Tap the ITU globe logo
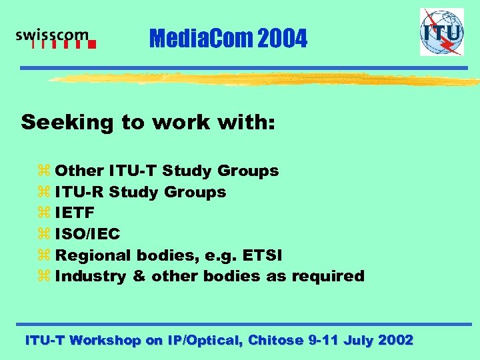pyautogui.click(x=441, y=31)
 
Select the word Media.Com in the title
pyautogui.click(x=193, y=39)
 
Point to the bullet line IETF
pyautogui.click(x=75, y=213)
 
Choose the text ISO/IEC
pyautogui.click(x=87, y=233)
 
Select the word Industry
pyautogui.click(x=91, y=275)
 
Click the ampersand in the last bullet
pyautogui.click(x=139, y=275)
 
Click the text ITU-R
pyautogui.click(x=79, y=192)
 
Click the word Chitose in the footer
pyautogui.click(x=275, y=340)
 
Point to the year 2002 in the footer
pyautogui.click(x=395, y=340)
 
